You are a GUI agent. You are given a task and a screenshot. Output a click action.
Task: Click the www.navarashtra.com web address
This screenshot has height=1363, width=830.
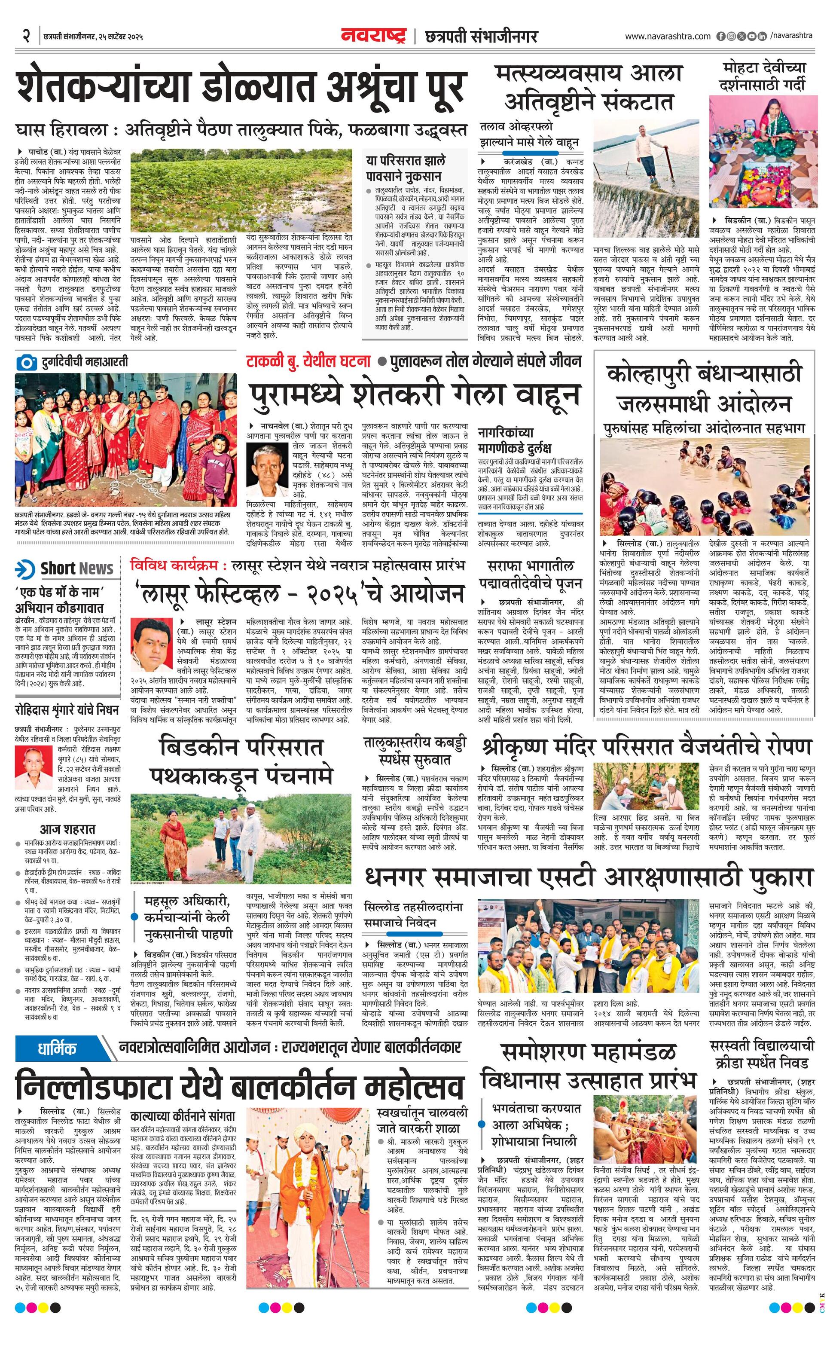click(x=668, y=37)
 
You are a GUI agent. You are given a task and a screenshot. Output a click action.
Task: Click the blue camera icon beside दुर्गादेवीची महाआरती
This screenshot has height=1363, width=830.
click(x=25, y=362)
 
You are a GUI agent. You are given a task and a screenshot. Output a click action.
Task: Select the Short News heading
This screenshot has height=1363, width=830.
click(x=76, y=568)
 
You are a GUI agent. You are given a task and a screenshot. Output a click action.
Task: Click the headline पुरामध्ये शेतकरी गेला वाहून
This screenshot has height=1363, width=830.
click(x=414, y=394)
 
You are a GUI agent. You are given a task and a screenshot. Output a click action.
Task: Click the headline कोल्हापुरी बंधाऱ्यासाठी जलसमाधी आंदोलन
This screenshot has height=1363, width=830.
click(x=703, y=388)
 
